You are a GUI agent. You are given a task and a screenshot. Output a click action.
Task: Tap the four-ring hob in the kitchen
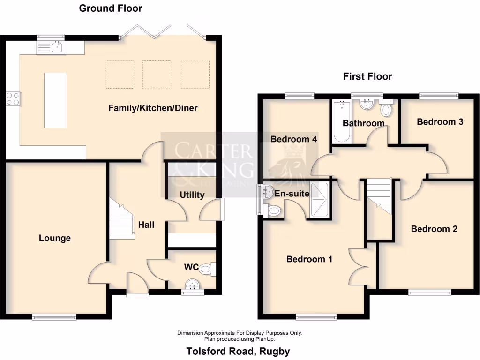pyautogui.click(x=13, y=98)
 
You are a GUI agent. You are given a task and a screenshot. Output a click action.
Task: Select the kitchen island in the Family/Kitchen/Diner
pyautogui.click(x=55, y=100)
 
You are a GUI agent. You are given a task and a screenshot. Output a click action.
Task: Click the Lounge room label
pyautogui.click(x=55, y=238)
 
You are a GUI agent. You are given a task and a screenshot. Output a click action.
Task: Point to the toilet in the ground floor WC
pyautogui.click(x=207, y=270)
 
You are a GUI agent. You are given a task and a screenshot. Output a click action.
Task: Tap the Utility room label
pyautogui.click(x=192, y=195)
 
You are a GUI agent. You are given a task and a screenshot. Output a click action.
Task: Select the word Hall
pyautogui.click(x=146, y=225)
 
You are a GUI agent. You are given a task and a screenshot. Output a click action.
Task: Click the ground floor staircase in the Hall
pyautogui.click(x=121, y=218)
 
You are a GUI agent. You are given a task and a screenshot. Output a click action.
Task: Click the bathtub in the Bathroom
pyautogui.click(x=341, y=121)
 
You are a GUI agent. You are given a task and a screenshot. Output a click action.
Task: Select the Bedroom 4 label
pyautogui.click(x=294, y=139)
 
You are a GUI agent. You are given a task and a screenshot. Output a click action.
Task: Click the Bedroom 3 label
pyautogui.click(x=440, y=122)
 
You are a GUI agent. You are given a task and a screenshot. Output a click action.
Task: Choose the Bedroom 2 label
pyautogui.click(x=434, y=229)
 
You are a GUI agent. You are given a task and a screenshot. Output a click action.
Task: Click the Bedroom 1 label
pyautogui.click(x=309, y=259)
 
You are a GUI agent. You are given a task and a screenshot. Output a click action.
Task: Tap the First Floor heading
pyautogui.click(x=367, y=76)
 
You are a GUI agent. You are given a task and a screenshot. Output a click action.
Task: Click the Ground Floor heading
pyautogui.click(x=110, y=8)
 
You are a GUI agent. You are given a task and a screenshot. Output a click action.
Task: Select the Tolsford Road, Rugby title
pyautogui.click(x=238, y=351)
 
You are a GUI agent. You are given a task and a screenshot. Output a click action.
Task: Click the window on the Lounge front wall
pyautogui.click(x=54, y=317)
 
